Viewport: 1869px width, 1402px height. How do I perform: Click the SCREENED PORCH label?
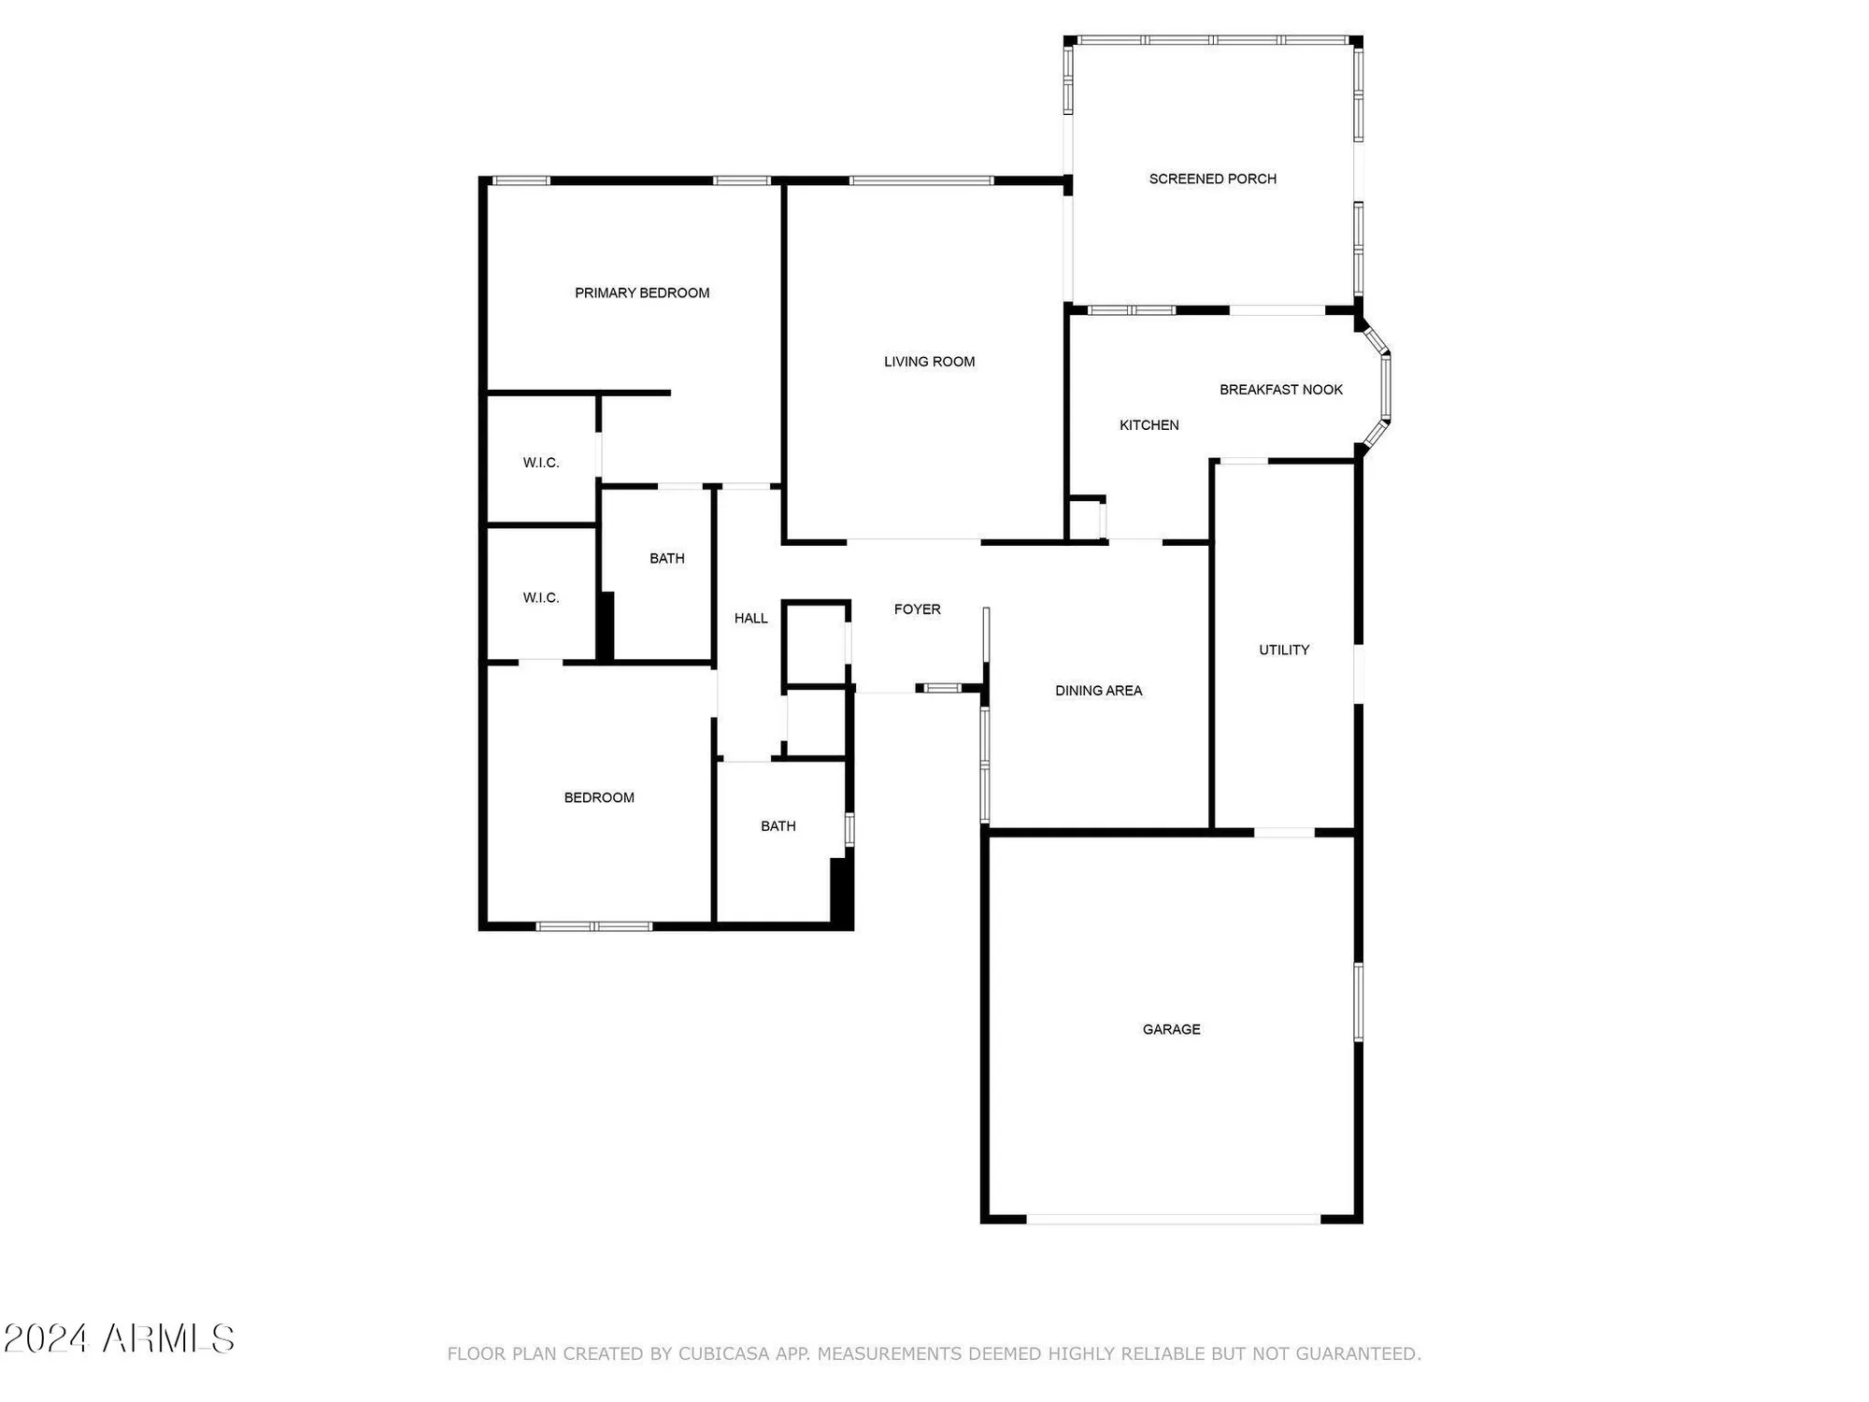point(1212,179)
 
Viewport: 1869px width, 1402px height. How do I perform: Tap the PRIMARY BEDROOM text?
point(642,293)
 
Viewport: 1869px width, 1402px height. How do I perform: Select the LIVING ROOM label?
point(929,362)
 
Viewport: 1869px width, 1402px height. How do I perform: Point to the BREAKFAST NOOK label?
point(1280,390)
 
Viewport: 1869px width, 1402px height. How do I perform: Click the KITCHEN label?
point(1149,425)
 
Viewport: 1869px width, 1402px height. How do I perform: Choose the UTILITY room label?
point(1283,650)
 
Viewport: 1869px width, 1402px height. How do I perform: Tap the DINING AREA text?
point(1098,691)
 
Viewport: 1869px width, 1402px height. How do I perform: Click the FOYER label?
point(917,609)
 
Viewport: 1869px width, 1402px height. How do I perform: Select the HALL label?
point(750,618)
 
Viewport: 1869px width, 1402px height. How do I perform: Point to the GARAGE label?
point(1171,1029)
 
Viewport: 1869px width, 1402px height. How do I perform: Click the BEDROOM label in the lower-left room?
point(599,797)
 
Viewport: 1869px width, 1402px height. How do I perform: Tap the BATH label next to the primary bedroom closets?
point(666,558)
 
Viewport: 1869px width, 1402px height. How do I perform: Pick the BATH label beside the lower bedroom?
point(778,826)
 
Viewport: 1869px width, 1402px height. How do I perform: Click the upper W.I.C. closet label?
point(541,463)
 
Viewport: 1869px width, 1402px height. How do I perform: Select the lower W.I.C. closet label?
point(541,598)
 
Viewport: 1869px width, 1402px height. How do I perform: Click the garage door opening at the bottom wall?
point(1173,1219)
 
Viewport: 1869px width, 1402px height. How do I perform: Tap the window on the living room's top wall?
point(920,180)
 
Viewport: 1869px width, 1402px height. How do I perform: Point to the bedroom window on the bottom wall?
point(593,926)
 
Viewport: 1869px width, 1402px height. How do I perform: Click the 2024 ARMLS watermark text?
point(119,1338)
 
